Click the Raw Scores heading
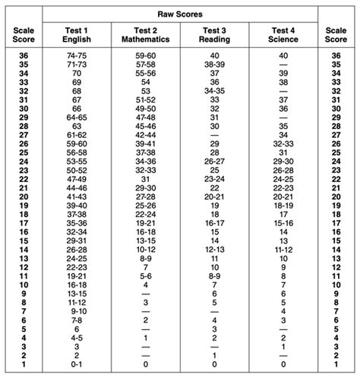tap(179, 13)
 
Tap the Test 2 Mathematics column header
tap(145, 34)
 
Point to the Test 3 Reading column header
tap(213, 34)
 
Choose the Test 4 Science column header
tap(283, 34)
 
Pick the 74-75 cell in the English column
tap(77, 56)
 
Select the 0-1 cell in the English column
tap(77, 363)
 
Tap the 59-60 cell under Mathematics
tap(145, 56)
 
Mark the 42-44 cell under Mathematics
tap(145, 134)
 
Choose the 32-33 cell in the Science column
tap(283, 143)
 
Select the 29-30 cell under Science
tap(283, 162)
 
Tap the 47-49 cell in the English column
tap(77, 179)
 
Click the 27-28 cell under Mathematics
tap(145, 196)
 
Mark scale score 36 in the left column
tap(22, 56)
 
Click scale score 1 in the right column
tap(336, 363)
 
